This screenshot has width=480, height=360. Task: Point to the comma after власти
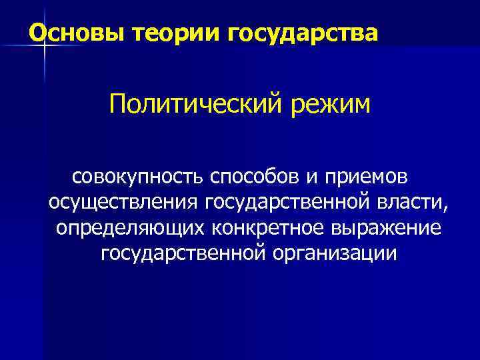tap(447, 208)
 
